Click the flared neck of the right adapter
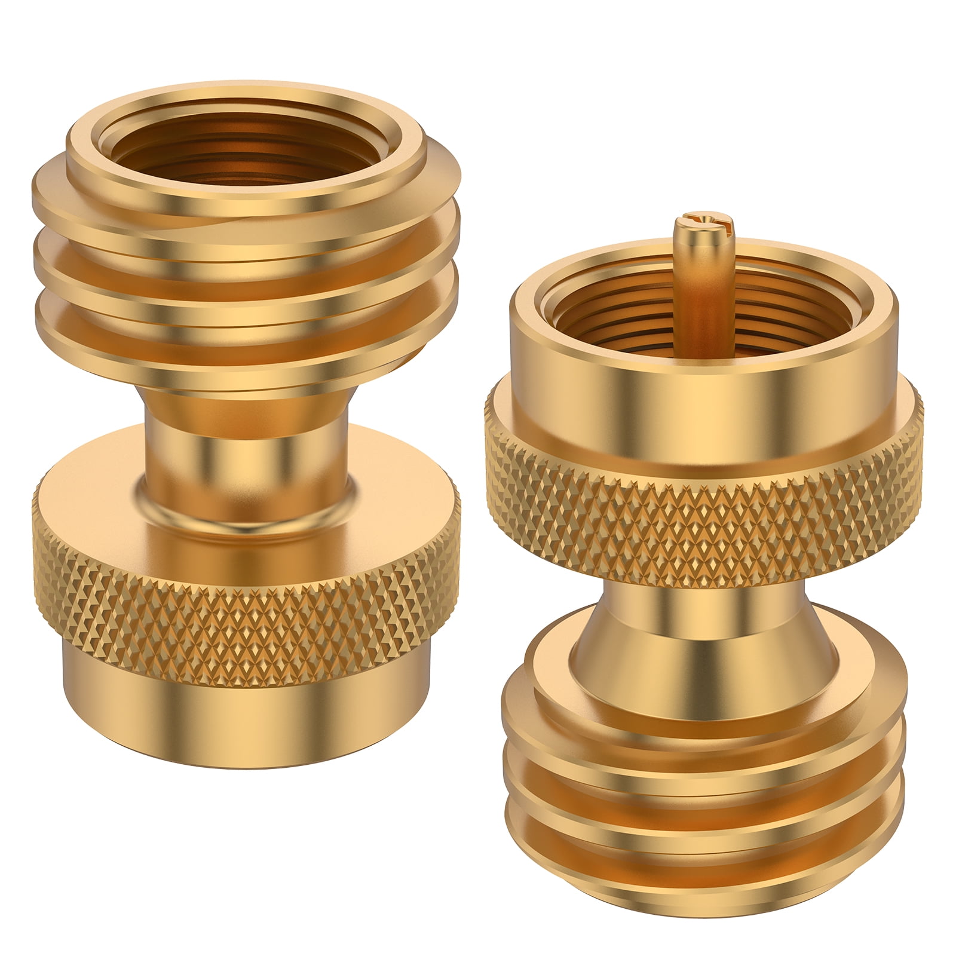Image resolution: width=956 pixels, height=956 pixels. point(705,621)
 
